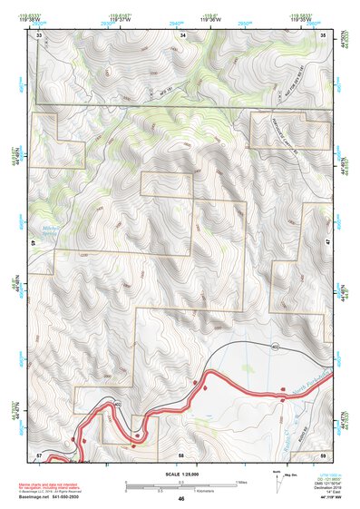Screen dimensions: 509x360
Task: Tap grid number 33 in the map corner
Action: (39, 34)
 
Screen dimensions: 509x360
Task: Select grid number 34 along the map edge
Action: (183, 34)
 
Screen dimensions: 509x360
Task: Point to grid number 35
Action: (324, 34)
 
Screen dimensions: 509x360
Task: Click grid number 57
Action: (39, 454)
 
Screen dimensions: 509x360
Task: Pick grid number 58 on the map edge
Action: (181, 454)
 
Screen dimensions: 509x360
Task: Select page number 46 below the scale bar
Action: (181, 499)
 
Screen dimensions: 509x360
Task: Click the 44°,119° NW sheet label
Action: (327, 499)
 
